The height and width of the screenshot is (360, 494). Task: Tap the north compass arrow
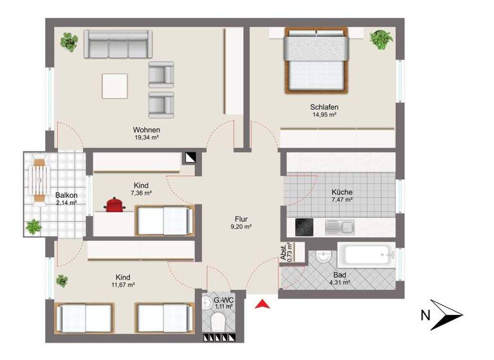click(x=446, y=314)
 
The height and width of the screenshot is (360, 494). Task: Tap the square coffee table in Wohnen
click(x=114, y=85)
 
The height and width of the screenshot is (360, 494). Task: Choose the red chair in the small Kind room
click(x=114, y=204)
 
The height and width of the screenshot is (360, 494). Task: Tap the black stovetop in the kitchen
click(x=304, y=226)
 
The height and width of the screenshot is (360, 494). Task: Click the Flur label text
click(x=241, y=218)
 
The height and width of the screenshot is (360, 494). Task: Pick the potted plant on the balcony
click(x=33, y=226)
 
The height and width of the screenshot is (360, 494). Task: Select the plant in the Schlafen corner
click(x=380, y=39)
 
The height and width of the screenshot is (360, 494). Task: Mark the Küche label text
click(x=342, y=192)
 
